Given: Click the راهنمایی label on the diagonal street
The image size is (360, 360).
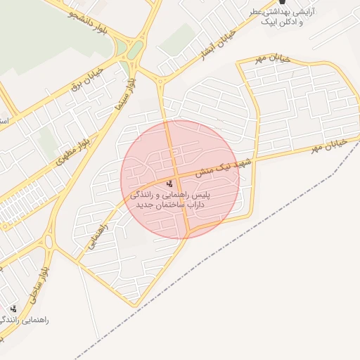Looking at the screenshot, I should [x=99, y=236].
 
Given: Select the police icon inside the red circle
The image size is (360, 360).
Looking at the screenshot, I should [x=169, y=183].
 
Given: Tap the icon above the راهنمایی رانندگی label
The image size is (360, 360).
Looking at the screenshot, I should [x=13, y=308].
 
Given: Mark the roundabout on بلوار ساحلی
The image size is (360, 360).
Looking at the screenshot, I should [x=49, y=242].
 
